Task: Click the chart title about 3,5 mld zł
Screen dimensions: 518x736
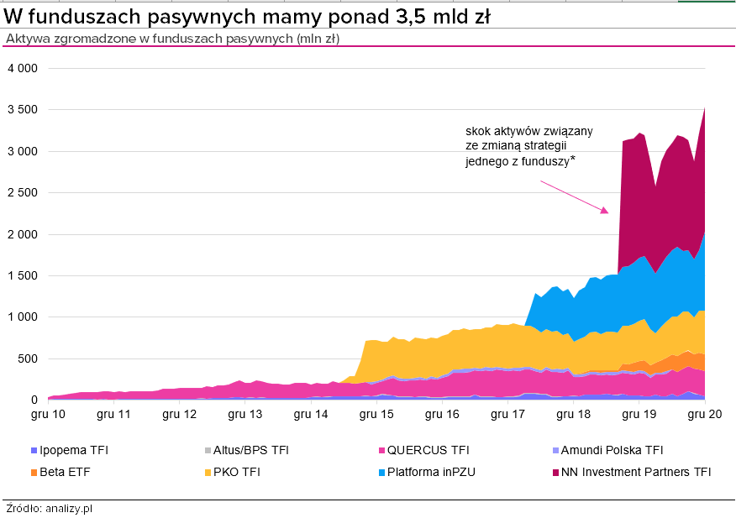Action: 248,17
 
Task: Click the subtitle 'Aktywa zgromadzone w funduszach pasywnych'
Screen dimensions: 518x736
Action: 172,39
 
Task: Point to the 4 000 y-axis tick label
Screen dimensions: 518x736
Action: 22,68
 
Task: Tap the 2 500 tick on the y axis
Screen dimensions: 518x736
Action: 22,192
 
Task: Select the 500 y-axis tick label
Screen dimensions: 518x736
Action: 29,358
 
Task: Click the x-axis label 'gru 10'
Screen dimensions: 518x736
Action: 48,414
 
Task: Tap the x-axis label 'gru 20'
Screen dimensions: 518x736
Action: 702,414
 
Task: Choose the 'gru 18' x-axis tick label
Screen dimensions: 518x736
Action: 572,414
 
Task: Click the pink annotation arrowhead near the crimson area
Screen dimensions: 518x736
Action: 604,211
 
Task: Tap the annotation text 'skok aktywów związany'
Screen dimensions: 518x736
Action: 529,131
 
